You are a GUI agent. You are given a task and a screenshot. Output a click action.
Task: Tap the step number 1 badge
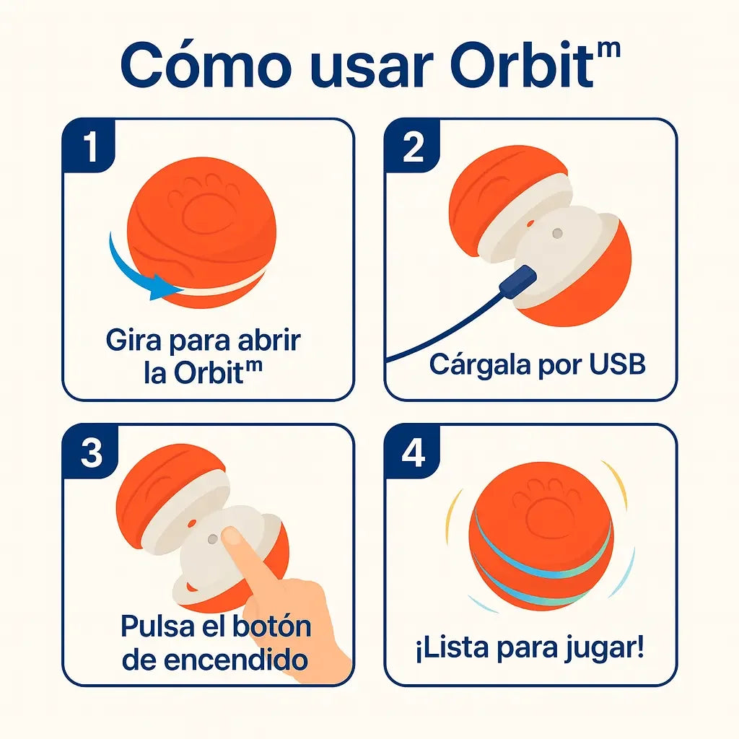[91, 147]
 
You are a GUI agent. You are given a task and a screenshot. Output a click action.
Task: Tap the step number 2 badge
[414, 147]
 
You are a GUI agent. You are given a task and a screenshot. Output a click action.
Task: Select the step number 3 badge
[91, 453]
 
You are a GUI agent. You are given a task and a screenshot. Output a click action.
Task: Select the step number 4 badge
[414, 453]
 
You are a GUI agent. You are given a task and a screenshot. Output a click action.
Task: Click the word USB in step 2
[615, 364]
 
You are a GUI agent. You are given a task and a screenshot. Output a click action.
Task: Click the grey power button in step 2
[556, 234]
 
